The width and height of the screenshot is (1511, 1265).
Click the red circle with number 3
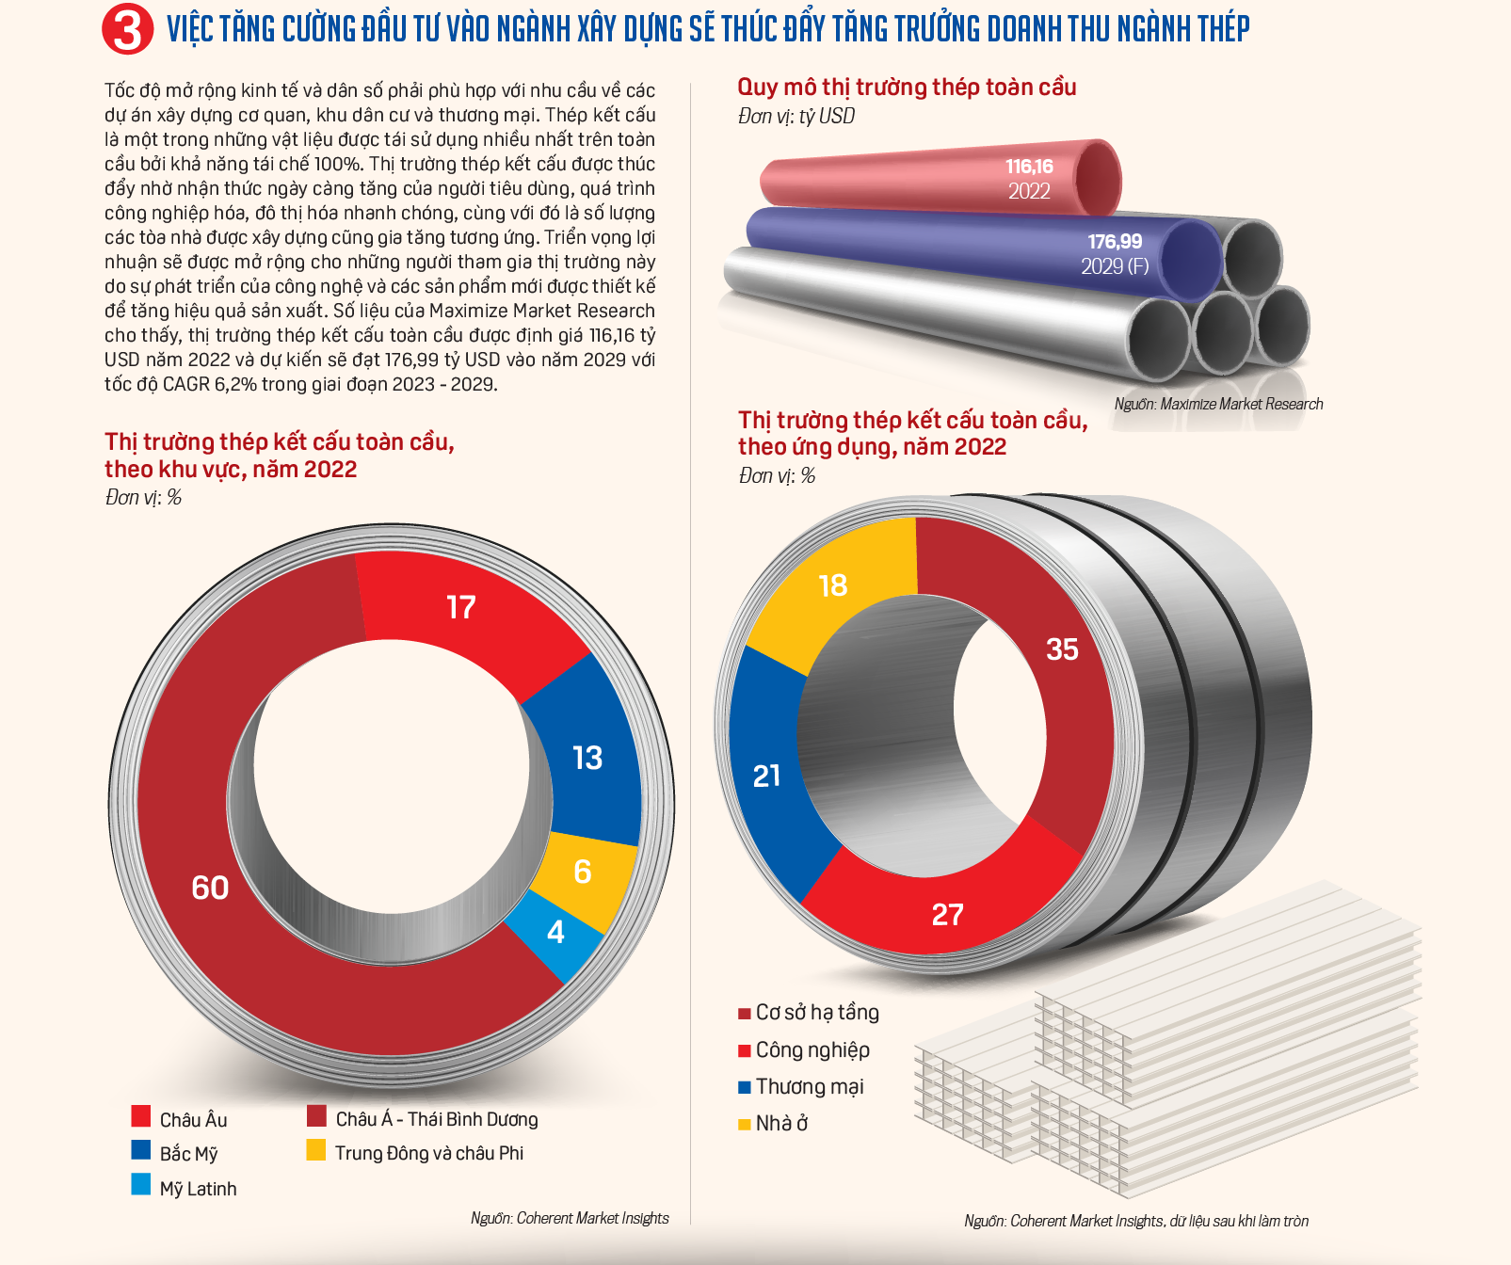127,30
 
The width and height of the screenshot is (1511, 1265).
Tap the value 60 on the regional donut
210,888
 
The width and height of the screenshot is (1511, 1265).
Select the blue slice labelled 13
587,758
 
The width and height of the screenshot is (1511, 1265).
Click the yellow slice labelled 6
583,872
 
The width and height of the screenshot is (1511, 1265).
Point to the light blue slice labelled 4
556,932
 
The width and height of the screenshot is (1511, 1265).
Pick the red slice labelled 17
461,607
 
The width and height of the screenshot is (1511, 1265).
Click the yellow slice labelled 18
833,585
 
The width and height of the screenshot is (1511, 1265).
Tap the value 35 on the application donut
1062,649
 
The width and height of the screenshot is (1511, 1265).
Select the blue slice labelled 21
766,776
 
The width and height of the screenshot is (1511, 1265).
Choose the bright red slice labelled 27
947,914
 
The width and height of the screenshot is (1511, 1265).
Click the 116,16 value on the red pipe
1029,167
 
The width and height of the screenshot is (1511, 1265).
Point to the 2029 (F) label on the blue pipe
1115,266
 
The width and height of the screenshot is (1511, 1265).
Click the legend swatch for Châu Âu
141,1116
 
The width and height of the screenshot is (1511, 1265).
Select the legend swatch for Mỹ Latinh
141,1185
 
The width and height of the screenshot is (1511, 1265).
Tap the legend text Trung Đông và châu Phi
429,1153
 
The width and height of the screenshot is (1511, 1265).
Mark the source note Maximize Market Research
1218,404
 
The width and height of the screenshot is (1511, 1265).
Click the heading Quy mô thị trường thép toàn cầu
907,88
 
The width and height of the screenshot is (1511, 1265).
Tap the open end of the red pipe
1097,177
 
